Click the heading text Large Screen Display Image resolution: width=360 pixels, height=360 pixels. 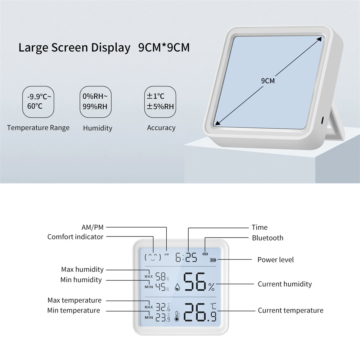click(74, 48)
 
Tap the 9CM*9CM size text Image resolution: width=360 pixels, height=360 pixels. click(164, 48)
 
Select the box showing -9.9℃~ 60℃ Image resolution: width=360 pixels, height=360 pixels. click(39, 102)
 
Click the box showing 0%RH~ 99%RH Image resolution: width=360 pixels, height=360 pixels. click(95, 102)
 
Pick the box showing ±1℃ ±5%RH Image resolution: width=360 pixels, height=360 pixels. click(161, 102)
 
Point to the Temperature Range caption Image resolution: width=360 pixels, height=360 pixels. click(38, 127)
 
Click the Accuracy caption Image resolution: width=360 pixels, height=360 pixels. click(161, 127)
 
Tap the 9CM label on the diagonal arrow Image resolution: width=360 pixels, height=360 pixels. click(267, 81)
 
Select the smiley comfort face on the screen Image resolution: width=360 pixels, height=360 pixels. click(153, 257)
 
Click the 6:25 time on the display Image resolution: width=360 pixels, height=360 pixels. click(186, 257)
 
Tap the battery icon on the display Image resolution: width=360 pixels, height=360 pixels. click(214, 260)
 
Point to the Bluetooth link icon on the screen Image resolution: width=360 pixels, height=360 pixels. click(205, 253)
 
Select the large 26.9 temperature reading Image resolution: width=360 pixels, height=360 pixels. click(200, 312)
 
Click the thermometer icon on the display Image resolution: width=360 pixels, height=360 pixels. click(177, 316)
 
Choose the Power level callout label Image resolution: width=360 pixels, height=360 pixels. click(275, 260)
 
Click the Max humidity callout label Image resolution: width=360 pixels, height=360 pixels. click(82, 269)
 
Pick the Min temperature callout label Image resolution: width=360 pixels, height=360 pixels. click(73, 310)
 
